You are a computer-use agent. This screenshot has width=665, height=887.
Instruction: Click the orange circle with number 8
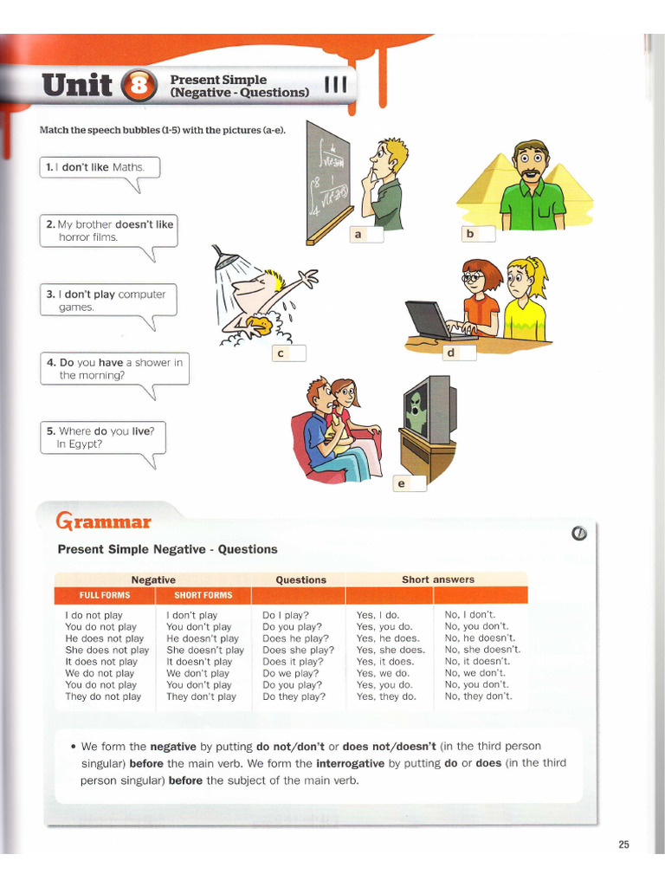tap(141, 86)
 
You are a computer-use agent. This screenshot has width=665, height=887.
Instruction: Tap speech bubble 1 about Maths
tap(100, 167)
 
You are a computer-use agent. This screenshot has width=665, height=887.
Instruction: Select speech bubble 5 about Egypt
tap(102, 437)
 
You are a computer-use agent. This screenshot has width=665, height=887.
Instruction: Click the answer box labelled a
tap(366, 234)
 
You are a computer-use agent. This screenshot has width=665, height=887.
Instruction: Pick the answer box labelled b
tap(479, 233)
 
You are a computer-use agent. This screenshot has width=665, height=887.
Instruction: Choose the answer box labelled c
tap(288, 353)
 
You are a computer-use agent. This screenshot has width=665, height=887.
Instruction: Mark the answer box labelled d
tap(459, 353)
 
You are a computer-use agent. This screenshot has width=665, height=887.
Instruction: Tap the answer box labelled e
tap(410, 484)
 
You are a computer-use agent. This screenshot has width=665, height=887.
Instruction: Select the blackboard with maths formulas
tap(328, 183)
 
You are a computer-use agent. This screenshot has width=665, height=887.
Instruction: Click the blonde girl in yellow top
tap(524, 299)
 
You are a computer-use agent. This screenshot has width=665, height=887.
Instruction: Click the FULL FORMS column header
tap(105, 595)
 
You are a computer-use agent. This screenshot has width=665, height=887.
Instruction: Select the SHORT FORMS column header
tap(203, 595)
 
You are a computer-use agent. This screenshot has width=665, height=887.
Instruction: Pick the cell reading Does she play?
tap(298, 650)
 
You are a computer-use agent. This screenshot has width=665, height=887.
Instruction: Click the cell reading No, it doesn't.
tap(477, 661)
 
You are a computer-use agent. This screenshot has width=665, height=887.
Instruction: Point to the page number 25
tap(623, 845)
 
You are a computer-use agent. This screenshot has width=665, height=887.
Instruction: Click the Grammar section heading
tap(103, 521)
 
